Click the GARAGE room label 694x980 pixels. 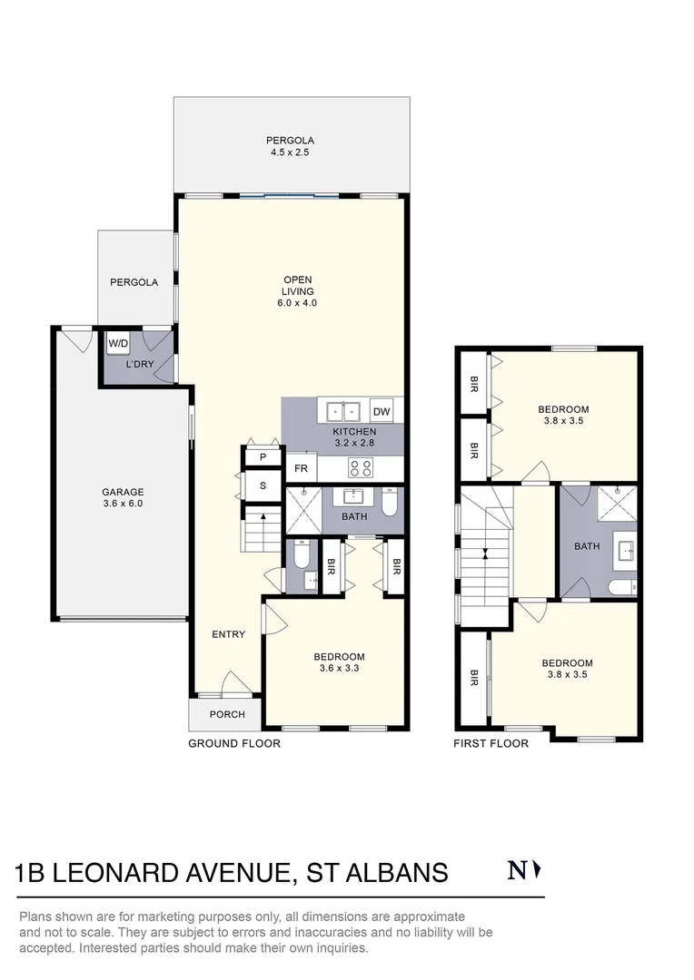click(123, 493)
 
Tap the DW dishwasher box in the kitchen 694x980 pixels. click(382, 411)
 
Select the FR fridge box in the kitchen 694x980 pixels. click(301, 469)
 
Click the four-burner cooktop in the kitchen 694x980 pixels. click(359, 469)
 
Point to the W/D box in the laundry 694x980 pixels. click(118, 344)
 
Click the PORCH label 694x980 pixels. click(227, 714)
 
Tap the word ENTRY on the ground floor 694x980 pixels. click(228, 634)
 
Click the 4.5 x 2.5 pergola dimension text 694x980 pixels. click(290, 153)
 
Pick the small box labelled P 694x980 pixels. click(263, 457)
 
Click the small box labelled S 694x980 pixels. click(263, 485)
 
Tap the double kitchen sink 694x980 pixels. click(342, 411)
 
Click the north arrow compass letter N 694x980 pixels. click(517, 871)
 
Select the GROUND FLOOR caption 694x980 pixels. click(234, 743)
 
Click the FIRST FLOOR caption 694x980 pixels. click(491, 743)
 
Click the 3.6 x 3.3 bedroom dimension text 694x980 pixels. click(339, 669)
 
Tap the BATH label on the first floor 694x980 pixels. click(587, 546)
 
